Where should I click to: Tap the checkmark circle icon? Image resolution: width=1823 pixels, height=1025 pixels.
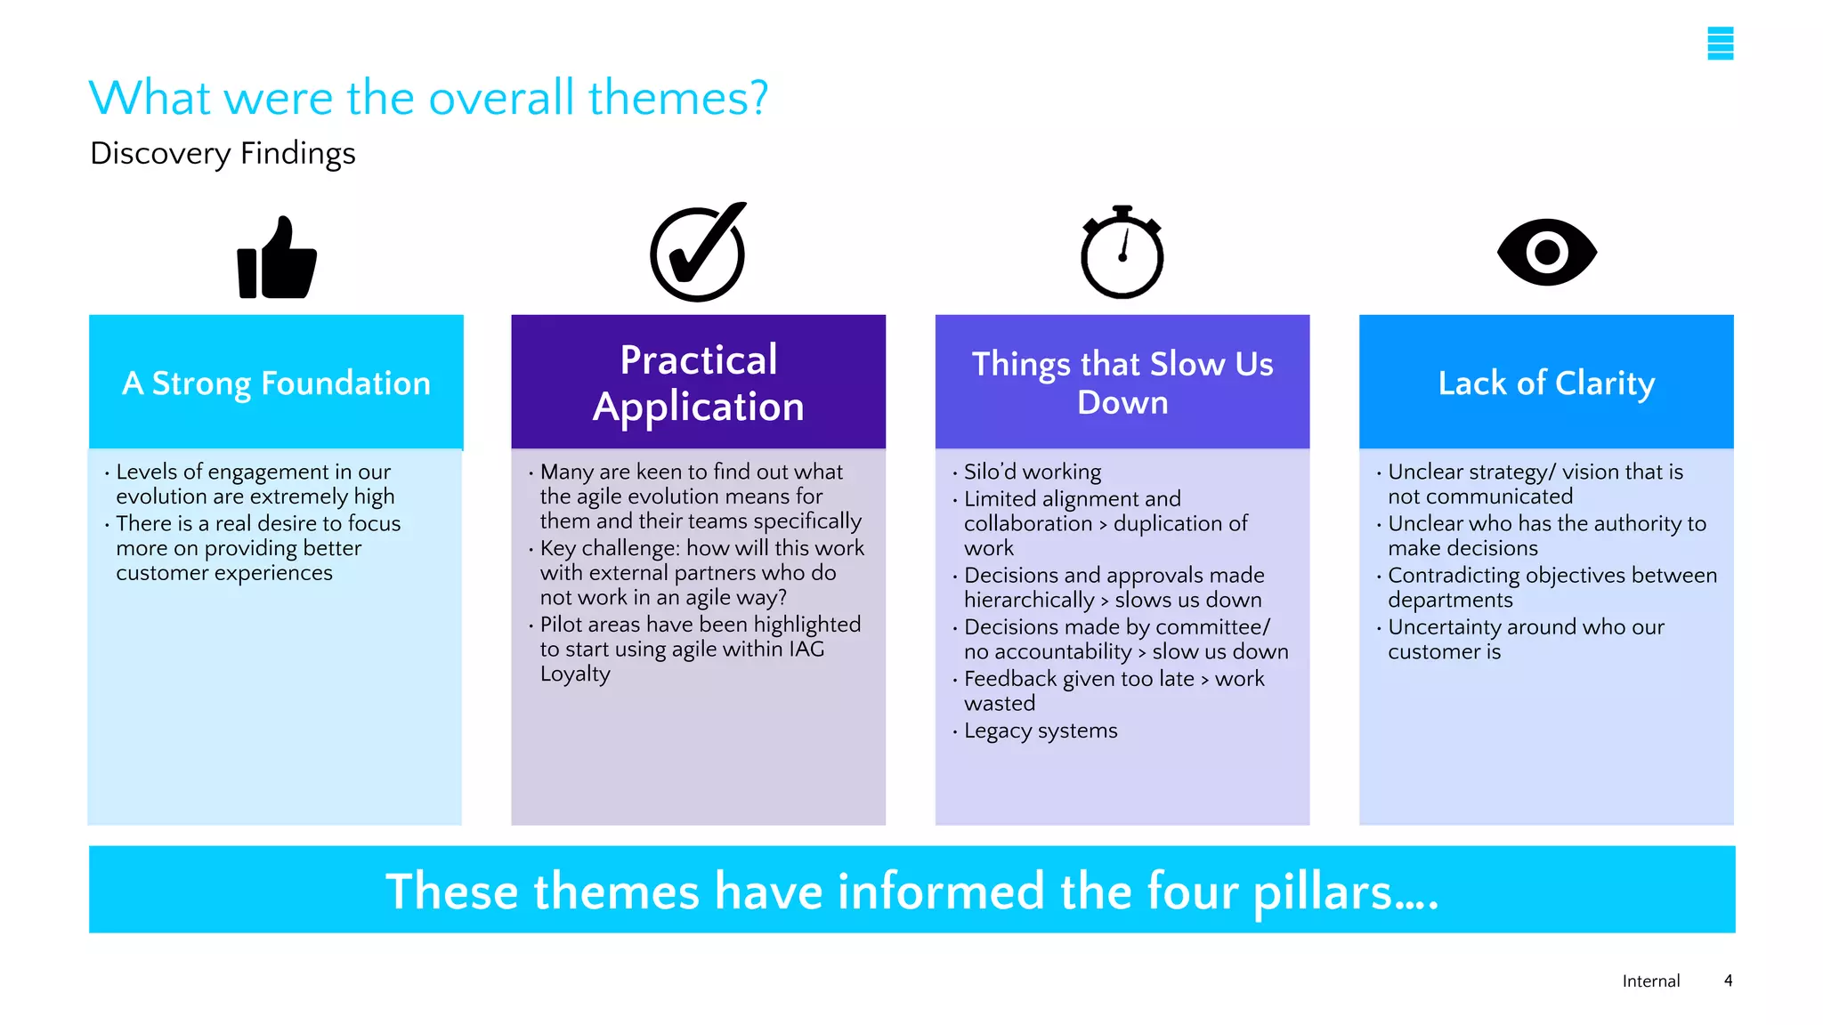(698, 254)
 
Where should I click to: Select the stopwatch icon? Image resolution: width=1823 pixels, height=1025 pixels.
(1122, 254)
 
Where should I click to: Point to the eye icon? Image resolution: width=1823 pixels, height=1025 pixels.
(1546, 253)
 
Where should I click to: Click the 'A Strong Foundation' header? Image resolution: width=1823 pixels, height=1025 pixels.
(276, 383)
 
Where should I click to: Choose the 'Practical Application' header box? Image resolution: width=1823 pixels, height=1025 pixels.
(698, 383)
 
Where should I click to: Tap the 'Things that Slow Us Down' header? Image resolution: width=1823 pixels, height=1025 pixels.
(1122, 383)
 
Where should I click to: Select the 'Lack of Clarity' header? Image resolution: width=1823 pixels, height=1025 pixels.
(1546, 383)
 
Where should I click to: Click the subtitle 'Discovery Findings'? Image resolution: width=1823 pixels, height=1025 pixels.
(223, 154)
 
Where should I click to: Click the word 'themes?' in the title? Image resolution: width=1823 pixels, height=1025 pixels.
(677, 97)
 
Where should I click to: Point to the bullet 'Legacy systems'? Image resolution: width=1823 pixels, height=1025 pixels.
(1040, 730)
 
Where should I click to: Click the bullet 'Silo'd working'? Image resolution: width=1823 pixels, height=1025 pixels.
(1032, 472)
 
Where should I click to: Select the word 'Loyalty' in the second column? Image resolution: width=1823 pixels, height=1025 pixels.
(575, 674)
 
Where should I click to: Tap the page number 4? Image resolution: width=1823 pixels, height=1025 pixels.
(1728, 981)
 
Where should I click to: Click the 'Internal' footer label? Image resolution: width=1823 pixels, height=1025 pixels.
(1650, 981)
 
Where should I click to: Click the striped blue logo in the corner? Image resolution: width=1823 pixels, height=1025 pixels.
(1720, 44)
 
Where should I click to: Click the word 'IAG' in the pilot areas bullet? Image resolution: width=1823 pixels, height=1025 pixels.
(806, 650)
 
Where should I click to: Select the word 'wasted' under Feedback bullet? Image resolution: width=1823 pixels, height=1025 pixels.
(1000, 704)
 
